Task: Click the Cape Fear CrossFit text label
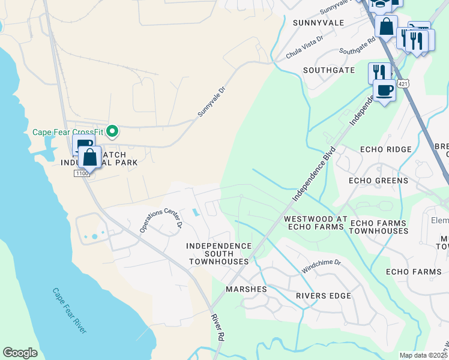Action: coord(68,132)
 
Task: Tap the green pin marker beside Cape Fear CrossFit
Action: coord(112,131)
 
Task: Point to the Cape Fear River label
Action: coord(69,311)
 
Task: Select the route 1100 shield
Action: coord(82,173)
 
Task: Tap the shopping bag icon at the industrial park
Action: coord(90,158)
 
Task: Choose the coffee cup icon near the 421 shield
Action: coord(384,91)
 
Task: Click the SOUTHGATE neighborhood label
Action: coord(328,70)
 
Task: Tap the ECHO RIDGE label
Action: coord(385,149)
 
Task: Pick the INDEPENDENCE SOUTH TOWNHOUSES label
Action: coord(218,254)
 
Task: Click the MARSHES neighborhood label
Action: coord(246,289)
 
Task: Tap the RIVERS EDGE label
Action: coord(323,296)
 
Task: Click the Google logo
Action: coord(20,353)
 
